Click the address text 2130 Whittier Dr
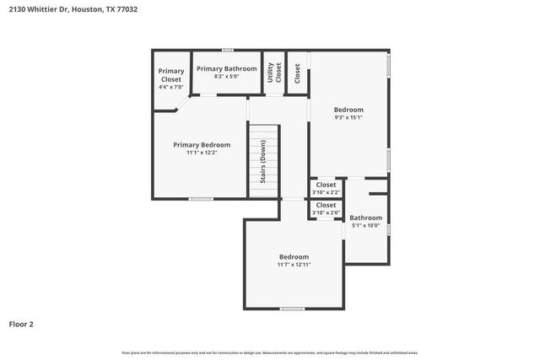click(x=42, y=9)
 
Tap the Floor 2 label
click(x=21, y=323)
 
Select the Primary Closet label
click(x=170, y=75)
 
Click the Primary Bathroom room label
click(x=226, y=67)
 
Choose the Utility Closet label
click(x=273, y=73)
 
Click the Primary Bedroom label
click(x=202, y=144)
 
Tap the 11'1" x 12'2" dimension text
click(x=202, y=153)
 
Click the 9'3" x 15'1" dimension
click(x=348, y=117)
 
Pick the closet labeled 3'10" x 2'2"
click(x=326, y=188)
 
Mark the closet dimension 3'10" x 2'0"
click(x=326, y=208)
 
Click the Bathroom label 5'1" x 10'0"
click(x=366, y=221)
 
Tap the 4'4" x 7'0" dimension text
click(x=170, y=87)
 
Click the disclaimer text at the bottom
click(x=269, y=352)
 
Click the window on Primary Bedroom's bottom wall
click(x=200, y=199)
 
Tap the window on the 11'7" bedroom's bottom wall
click(x=292, y=309)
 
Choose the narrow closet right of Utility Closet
click(x=297, y=73)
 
